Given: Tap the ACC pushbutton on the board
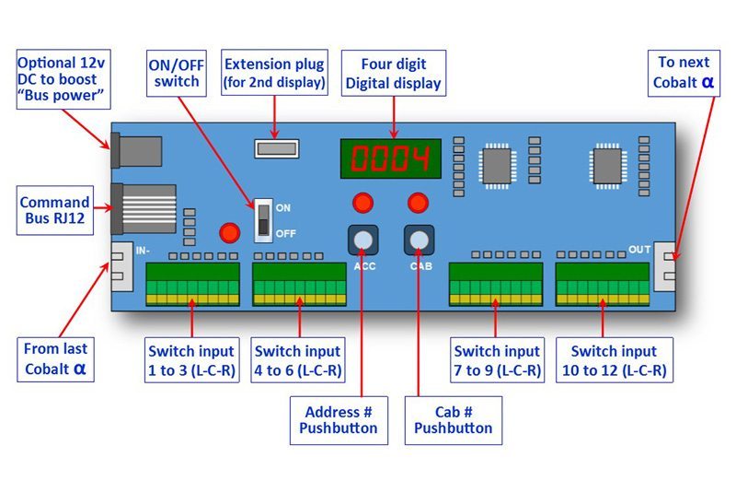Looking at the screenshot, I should click(x=363, y=240).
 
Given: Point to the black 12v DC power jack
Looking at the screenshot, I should click(x=136, y=152).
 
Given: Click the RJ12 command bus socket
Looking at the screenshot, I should click(x=143, y=208).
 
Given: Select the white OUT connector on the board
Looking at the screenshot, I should click(x=666, y=266).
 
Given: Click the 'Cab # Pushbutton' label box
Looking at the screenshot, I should click(x=453, y=419).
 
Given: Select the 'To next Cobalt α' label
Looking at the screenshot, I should click(x=684, y=73).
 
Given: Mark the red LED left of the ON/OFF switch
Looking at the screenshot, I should click(x=228, y=233).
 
